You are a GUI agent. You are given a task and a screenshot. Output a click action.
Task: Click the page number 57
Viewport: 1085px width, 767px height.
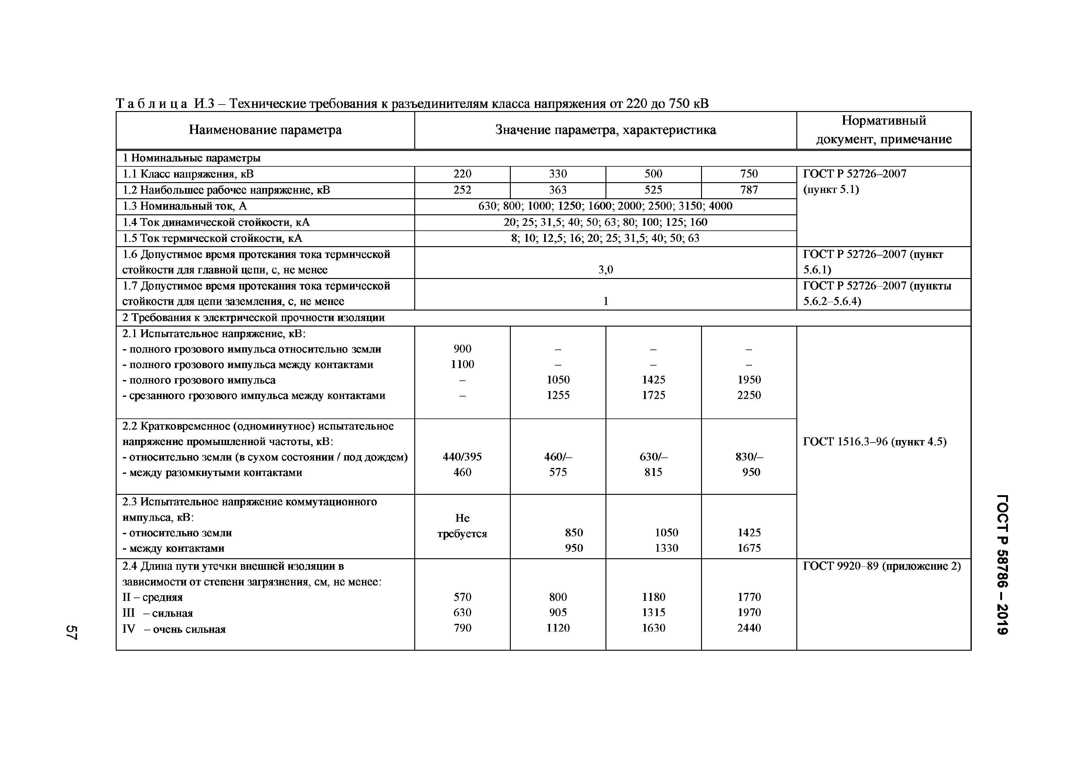point(71,632)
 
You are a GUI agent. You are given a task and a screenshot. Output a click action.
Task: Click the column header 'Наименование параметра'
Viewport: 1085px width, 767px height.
point(265,130)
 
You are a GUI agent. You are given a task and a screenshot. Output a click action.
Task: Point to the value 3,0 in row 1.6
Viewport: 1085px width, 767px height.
point(605,270)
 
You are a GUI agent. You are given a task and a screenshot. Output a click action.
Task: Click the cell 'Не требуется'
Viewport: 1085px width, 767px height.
point(462,526)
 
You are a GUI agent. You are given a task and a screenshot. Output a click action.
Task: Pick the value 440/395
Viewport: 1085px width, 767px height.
point(462,457)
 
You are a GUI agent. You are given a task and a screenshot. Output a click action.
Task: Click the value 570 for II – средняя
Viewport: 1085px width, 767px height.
point(462,597)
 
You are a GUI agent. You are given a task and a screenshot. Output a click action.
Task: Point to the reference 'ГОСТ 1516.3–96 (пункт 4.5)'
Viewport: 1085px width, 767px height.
point(874,442)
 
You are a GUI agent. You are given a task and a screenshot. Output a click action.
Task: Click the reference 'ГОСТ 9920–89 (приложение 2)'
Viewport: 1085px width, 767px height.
point(882,566)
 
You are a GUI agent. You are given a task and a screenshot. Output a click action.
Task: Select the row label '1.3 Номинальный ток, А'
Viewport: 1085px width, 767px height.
point(185,206)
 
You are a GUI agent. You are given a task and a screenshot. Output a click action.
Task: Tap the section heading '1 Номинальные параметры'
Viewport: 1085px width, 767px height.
point(192,158)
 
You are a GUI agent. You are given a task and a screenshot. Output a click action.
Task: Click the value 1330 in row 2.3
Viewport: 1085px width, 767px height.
point(666,548)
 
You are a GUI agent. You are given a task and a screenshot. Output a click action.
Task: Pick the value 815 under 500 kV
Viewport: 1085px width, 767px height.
point(653,472)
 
